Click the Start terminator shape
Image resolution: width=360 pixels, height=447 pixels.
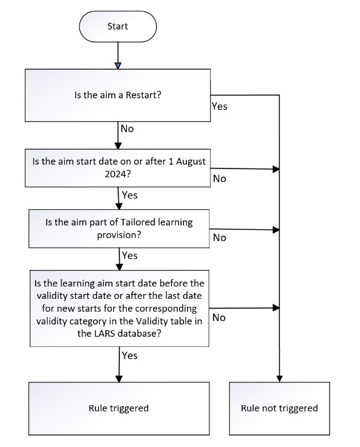coord(118,26)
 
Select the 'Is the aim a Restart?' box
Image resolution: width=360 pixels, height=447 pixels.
coord(118,95)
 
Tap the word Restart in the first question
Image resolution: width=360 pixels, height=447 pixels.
coord(143,95)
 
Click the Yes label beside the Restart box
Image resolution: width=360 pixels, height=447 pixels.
coord(219,106)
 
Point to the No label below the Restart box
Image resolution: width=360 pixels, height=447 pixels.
coord(127,129)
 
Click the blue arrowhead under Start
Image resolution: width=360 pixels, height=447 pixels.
coord(118,66)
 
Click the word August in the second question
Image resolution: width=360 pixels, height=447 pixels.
coord(191,162)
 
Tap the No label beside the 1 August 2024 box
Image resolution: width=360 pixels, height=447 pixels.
coord(219,179)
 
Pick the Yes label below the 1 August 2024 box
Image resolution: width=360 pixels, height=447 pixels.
coord(130,196)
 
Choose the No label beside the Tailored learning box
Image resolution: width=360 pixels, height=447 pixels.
coord(219,238)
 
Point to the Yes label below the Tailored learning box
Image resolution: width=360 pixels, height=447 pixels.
coord(130,256)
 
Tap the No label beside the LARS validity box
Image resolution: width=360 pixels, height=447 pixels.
coord(219,318)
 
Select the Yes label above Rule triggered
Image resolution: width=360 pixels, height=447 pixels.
coord(130,356)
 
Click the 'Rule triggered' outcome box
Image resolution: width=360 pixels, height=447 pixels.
coord(119,408)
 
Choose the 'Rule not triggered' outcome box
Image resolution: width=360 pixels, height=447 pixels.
coord(279,408)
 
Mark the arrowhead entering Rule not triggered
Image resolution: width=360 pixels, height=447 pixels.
coord(279,379)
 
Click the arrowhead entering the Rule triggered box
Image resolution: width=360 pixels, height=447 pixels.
coord(119,379)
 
